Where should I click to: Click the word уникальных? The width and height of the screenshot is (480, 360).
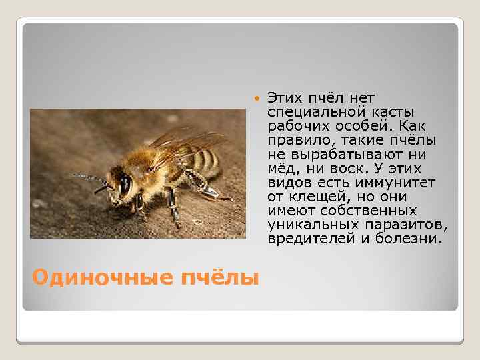coord(307,226)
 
